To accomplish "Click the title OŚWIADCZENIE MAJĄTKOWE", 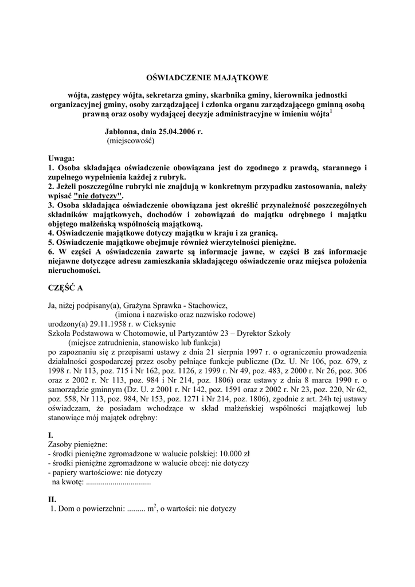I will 207,77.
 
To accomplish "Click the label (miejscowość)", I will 131,140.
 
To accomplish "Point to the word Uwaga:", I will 61,158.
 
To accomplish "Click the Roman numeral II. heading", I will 52,499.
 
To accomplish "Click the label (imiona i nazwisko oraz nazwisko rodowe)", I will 185,315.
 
